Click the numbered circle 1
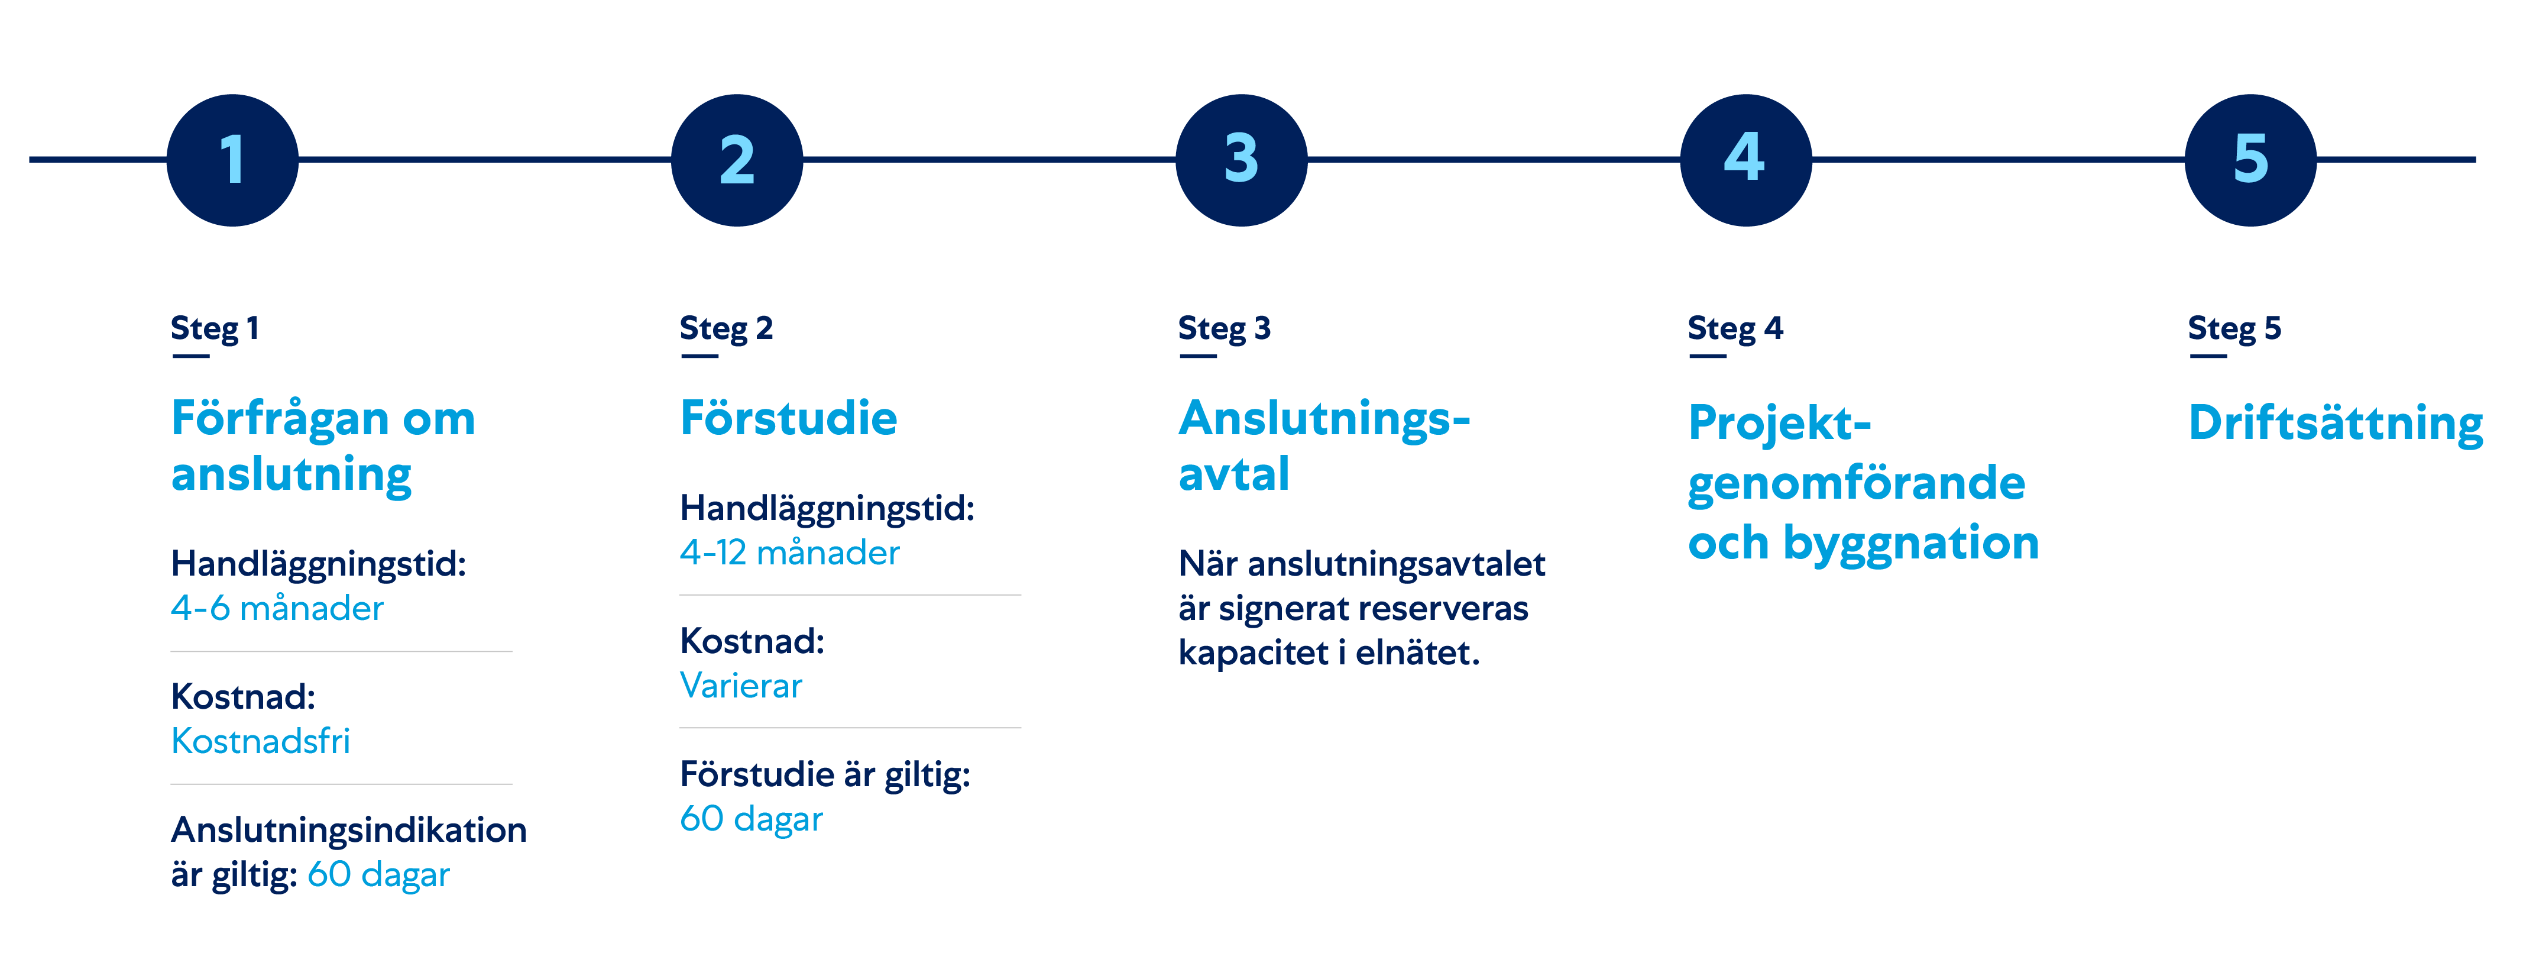coord(232,160)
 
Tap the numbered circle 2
coord(737,160)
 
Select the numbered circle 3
coord(1241,160)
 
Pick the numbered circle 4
coord(1745,160)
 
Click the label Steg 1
coord(215,329)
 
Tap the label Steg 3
coord(1225,329)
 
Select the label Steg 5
coord(2234,329)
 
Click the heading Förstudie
coord(788,418)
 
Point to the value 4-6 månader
coord(277,609)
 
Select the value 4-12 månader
coord(789,553)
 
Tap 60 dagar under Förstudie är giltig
coord(751,820)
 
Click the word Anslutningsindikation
coord(349,831)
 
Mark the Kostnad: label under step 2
coord(752,642)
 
